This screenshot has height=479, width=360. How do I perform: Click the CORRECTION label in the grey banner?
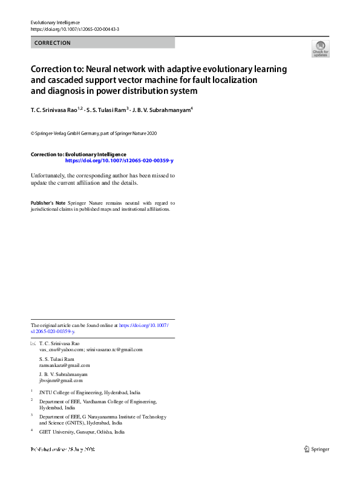pyautogui.click(x=53, y=43)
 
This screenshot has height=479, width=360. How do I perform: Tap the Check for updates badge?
pyautogui.click(x=320, y=48)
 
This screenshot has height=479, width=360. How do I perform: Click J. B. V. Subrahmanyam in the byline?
pyautogui.click(x=160, y=110)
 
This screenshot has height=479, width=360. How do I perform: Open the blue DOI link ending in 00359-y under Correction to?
pyautogui.click(x=119, y=161)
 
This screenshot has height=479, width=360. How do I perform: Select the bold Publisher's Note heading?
pyautogui.click(x=48, y=203)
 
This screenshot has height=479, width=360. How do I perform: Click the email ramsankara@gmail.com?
pyautogui.click(x=64, y=365)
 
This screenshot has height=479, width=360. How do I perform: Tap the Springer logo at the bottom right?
pyautogui.click(x=317, y=449)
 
